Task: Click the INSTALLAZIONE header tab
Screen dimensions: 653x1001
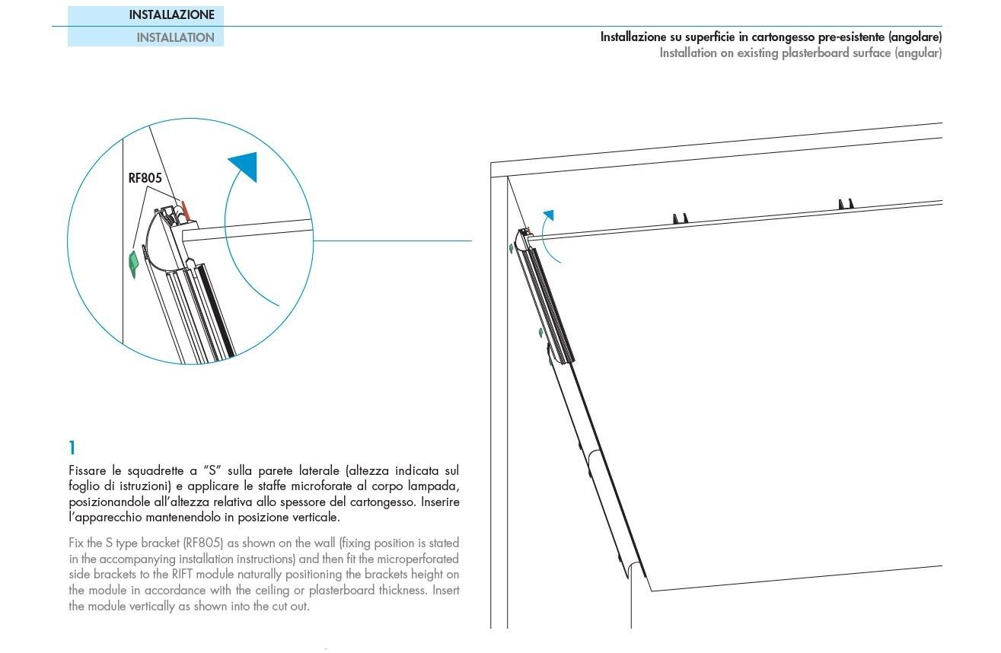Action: (171, 14)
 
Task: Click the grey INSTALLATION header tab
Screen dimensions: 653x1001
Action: (175, 37)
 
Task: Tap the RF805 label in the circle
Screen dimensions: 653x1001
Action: (145, 178)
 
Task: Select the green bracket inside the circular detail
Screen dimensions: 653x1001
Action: (134, 263)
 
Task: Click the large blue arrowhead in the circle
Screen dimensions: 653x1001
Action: (245, 167)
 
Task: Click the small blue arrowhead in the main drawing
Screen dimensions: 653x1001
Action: (548, 215)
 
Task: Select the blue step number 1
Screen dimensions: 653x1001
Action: (72, 448)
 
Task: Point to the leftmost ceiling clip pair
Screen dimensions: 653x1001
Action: (680, 218)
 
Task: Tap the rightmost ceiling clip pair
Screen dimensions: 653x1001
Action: (846, 204)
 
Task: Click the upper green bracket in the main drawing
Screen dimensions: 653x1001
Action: (511, 248)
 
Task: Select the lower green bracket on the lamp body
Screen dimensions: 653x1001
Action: (540, 332)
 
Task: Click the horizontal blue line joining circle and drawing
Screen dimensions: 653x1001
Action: (392, 241)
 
